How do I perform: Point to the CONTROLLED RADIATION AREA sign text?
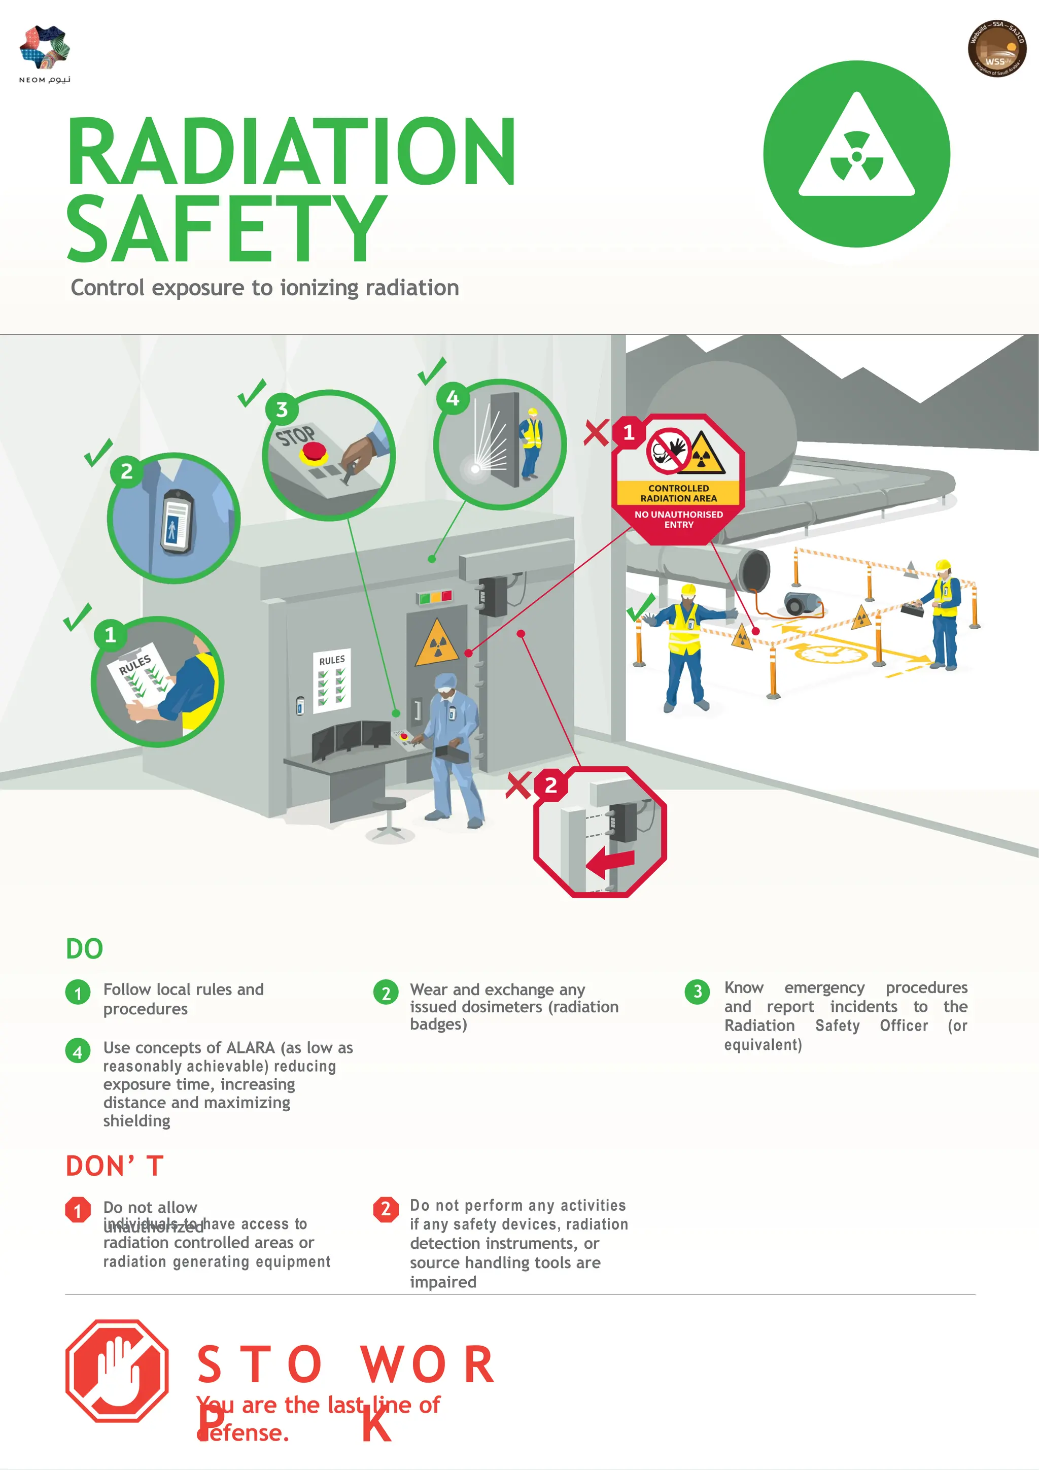[x=679, y=493]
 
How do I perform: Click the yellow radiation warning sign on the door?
[x=437, y=643]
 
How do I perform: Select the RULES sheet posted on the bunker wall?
[x=332, y=680]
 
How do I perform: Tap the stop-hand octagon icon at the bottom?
[x=117, y=1370]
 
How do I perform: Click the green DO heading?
[x=85, y=949]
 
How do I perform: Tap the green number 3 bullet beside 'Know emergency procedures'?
[x=697, y=992]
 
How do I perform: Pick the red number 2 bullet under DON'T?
[x=386, y=1209]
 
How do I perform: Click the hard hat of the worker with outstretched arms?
[x=688, y=589]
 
